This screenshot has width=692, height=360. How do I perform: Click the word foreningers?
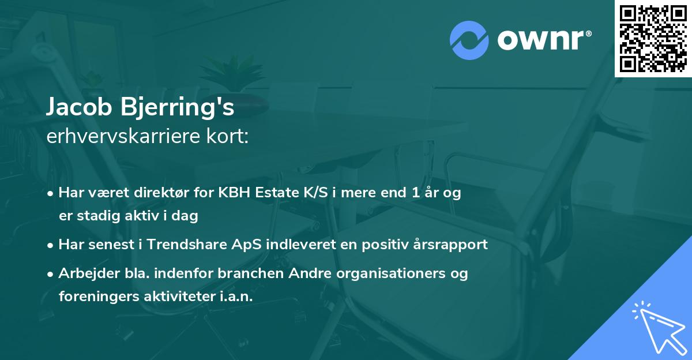click(x=97, y=296)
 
